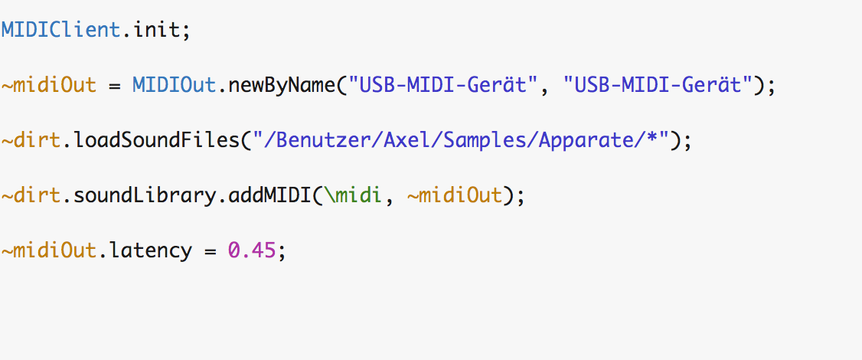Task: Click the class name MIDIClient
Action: coord(60,30)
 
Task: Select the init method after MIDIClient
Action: coord(156,30)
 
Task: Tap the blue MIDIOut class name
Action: coord(175,85)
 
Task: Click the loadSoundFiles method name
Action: coord(157,140)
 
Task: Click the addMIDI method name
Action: coord(269,195)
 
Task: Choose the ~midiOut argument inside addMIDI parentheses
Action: coord(455,195)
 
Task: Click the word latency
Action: coord(151,251)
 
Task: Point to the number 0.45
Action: coord(251,250)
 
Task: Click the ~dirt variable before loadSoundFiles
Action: coord(31,140)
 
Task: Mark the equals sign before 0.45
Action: coord(210,251)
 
